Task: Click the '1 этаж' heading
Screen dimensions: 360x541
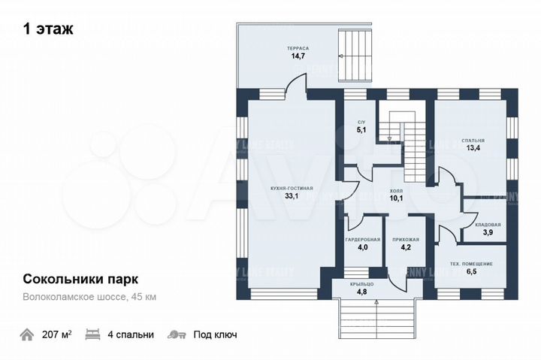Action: coord(48,29)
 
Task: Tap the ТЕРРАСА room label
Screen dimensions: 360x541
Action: coord(298,48)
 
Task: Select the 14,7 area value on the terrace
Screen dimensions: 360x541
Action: coord(298,56)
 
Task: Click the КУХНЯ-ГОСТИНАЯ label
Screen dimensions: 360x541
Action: coord(292,187)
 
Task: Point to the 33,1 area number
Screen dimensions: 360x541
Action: coord(292,196)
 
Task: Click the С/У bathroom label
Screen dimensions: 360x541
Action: coord(361,122)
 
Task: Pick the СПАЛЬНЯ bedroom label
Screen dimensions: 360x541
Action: coord(473,140)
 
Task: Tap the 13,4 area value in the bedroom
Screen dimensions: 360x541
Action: coord(473,149)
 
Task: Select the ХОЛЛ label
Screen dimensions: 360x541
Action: coord(397,192)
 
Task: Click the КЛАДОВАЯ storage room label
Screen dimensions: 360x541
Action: coord(488,225)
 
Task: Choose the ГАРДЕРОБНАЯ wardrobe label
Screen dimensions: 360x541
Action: coord(363,239)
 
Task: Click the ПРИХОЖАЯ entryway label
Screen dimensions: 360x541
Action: coord(405,239)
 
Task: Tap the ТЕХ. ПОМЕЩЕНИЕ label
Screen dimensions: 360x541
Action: coord(471,264)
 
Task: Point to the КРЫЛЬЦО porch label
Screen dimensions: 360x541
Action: coord(361,283)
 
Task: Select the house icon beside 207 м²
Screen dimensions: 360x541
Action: coord(28,334)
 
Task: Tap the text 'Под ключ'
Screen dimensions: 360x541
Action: coord(215,334)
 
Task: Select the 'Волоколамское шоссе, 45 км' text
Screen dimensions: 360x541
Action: coord(89,297)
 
